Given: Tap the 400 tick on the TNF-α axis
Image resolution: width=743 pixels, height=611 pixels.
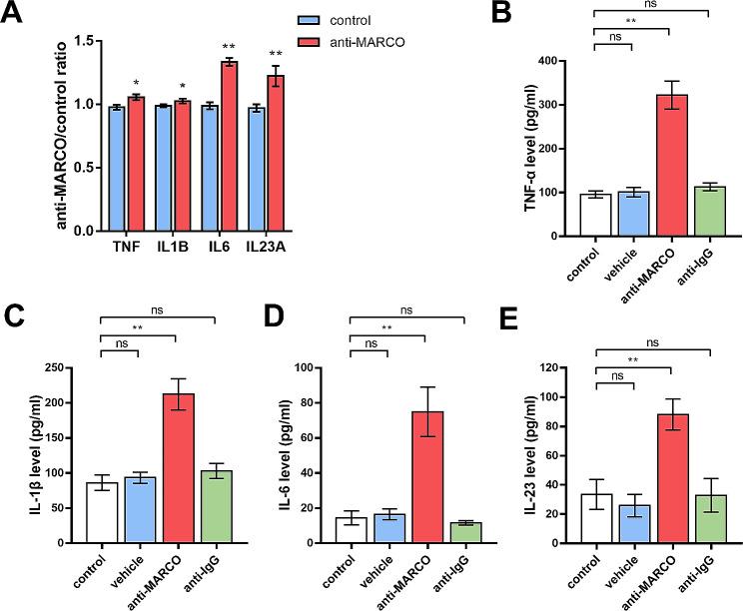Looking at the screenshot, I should click(x=567, y=61).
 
